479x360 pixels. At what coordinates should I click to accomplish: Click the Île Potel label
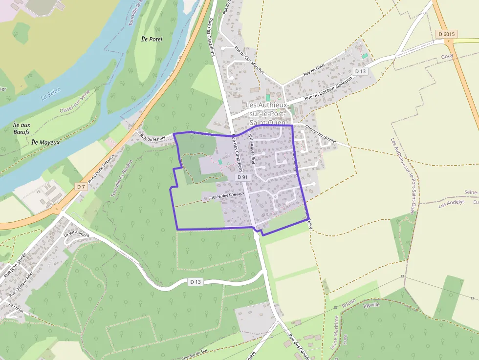(151, 39)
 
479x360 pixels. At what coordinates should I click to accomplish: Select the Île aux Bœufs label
(22, 128)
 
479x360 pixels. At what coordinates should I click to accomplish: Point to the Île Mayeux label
(45, 142)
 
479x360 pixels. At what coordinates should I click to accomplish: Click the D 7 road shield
(81, 187)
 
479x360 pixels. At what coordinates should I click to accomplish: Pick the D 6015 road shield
(445, 34)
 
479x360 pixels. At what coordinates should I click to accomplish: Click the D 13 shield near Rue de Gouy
(360, 71)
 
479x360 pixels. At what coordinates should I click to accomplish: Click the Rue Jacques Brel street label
(252, 149)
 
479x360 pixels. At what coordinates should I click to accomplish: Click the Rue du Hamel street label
(152, 138)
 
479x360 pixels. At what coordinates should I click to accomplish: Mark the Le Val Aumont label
(77, 235)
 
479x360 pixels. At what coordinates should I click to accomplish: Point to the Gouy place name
(461, 56)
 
